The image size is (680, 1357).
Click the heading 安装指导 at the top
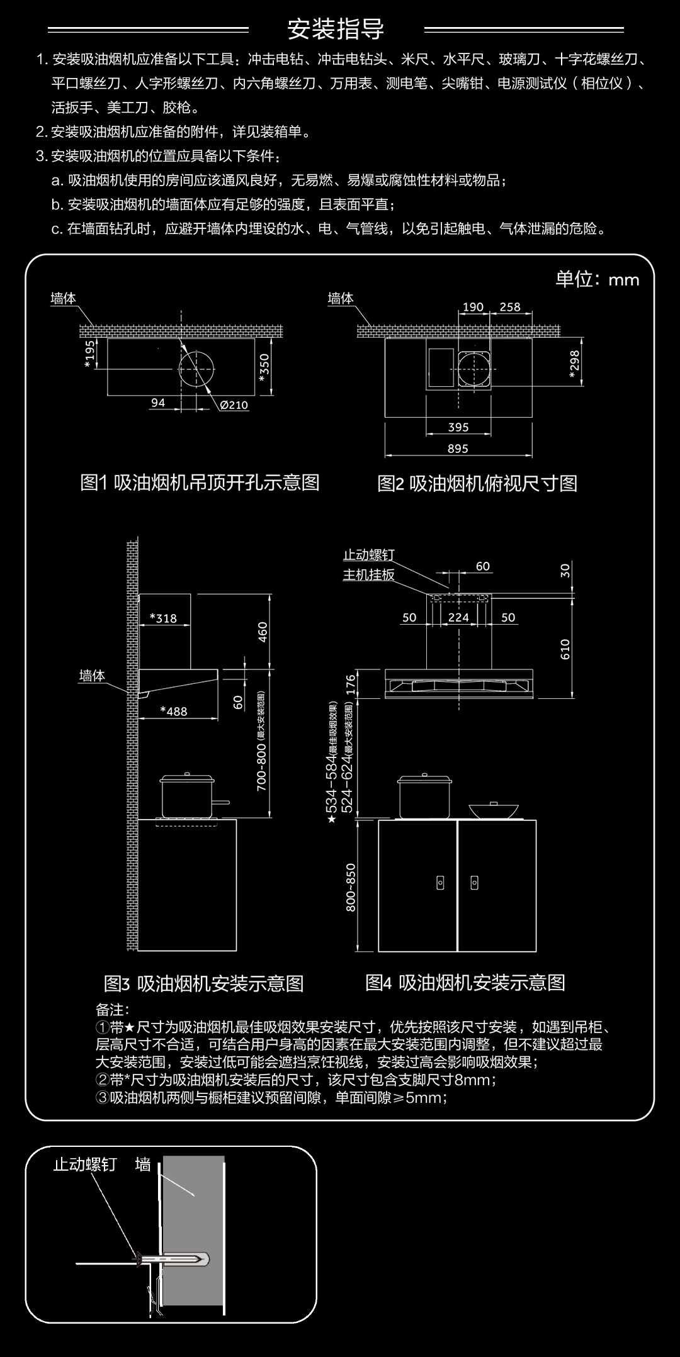click(x=336, y=29)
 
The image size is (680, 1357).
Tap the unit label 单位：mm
click(x=596, y=279)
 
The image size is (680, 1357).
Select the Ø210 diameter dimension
click(x=234, y=405)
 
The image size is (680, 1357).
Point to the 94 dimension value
click(x=158, y=403)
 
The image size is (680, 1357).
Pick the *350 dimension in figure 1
click(x=264, y=367)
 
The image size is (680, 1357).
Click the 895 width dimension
click(x=458, y=449)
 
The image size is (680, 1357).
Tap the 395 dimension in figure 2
click(x=458, y=427)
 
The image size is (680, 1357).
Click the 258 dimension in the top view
click(x=510, y=307)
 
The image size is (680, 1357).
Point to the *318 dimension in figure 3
click(x=163, y=618)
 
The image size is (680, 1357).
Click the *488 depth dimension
click(x=174, y=712)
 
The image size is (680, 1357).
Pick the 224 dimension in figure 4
click(x=458, y=618)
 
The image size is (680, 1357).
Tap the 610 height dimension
click(x=565, y=649)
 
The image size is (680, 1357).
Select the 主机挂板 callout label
click(x=368, y=575)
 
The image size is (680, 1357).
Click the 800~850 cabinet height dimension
click(x=351, y=887)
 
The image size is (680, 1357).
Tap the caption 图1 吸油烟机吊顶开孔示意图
click(x=200, y=483)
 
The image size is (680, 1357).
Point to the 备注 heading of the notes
click(x=112, y=1010)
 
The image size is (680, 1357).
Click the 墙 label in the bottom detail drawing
click(x=143, y=1165)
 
